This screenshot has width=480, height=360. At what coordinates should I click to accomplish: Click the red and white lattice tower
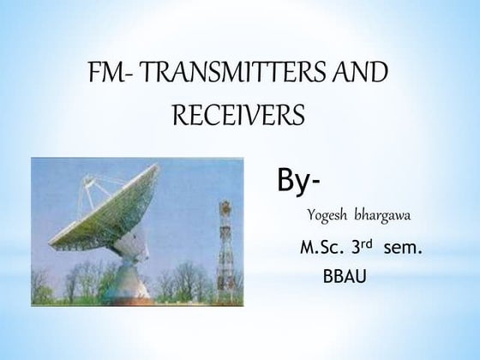[x=226, y=244]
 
